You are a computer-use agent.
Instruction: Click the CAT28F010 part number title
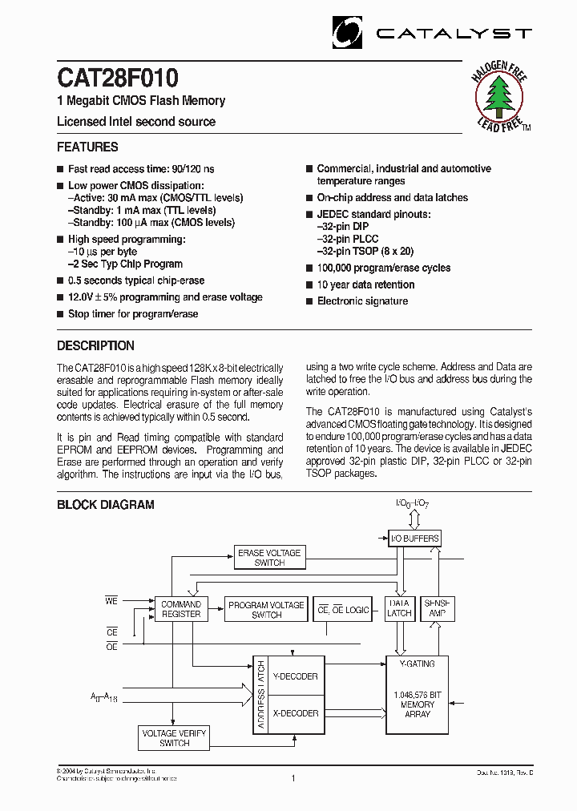click(x=118, y=79)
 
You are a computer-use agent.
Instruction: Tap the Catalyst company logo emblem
click(x=347, y=34)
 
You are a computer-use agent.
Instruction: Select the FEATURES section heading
click(x=87, y=147)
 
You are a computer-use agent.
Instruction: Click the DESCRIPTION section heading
click(x=95, y=346)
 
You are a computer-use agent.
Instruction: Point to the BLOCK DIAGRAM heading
click(x=105, y=505)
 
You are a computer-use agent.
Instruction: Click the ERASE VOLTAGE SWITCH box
click(x=269, y=558)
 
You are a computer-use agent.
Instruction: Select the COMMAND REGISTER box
click(x=181, y=609)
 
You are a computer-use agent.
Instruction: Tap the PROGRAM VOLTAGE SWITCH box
click(x=266, y=610)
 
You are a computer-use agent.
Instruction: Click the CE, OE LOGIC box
click(x=343, y=610)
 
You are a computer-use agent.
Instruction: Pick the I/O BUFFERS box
click(x=414, y=539)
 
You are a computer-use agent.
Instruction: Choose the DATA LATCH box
click(x=399, y=608)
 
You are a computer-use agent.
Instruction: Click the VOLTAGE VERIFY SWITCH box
click(x=174, y=738)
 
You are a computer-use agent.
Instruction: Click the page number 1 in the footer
click(x=293, y=777)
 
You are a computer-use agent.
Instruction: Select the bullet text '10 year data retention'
click(x=365, y=284)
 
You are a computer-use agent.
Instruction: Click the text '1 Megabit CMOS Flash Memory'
click(x=141, y=101)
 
